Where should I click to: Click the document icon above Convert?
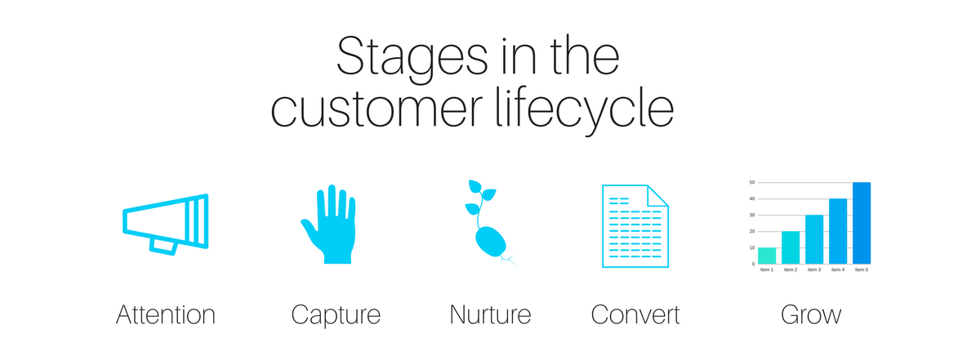(x=635, y=225)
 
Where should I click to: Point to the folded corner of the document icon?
(x=657, y=196)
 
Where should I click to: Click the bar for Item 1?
(x=767, y=256)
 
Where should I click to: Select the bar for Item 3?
(x=814, y=239)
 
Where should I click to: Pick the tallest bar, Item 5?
(x=862, y=223)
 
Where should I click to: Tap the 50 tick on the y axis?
(x=752, y=182)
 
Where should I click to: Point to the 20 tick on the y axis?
(x=752, y=231)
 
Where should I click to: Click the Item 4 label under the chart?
(x=838, y=270)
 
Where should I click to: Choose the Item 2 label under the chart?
(x=791, y=270)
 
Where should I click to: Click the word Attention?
(x=166, y=314)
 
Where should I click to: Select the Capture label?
(x=336, y=315)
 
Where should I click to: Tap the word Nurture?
(x=491, y=314)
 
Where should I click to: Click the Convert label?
(x=635, y=314)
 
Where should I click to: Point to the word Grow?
(x=811, y=314)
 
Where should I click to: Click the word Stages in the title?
(x=412, y=60)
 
